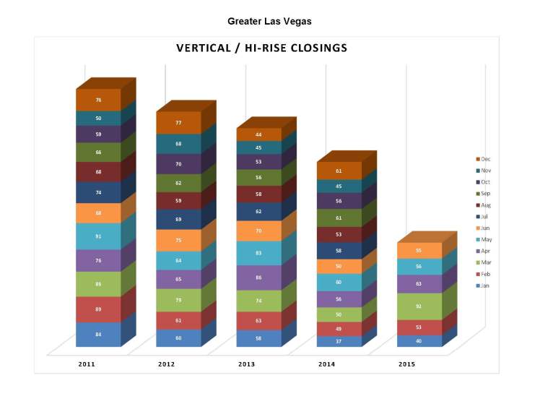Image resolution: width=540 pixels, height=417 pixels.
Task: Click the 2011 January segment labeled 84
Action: coord(98,334)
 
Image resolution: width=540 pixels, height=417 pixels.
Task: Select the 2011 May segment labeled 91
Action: coord(98,236)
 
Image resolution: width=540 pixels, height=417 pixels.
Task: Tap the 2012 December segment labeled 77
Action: coord(178,123)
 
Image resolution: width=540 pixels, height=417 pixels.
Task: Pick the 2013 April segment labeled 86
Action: coord(258,278)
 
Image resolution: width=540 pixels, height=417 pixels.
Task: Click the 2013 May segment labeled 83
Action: coord(258,252)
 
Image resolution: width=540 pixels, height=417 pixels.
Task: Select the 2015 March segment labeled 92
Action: coord(419,306)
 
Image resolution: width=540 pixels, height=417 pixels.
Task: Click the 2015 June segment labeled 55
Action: coord(419,250)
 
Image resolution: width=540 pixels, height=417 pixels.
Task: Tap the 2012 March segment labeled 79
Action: coord(178,300)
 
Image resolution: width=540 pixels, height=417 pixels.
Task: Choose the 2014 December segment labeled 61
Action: coord(339,171)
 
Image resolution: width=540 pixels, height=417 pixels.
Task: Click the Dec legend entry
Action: coord(483,159)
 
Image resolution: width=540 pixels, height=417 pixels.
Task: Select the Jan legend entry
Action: coord(483,286)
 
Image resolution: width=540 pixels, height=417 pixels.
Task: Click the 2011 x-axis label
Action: coord(87,364)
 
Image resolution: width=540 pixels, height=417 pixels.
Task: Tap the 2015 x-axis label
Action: coord(406,364)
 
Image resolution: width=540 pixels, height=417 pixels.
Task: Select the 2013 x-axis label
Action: coord(246,364)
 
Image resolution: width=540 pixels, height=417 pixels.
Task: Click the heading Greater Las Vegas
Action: coord(269,21)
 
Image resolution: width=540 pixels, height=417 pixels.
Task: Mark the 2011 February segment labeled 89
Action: coord(98,309)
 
